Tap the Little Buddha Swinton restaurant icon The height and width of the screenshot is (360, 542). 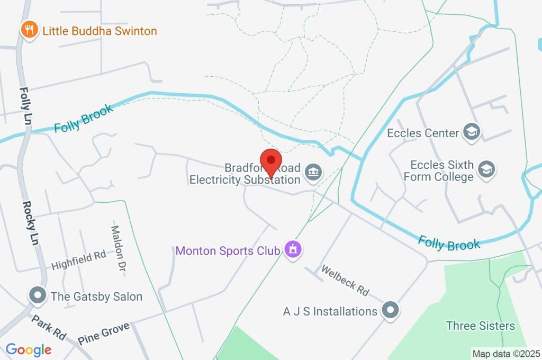(x=29, y=30)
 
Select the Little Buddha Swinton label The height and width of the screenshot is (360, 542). (x=100, y=31)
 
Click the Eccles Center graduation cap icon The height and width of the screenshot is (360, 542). (x=471, y=132)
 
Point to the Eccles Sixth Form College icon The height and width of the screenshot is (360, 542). (x=485, y=170)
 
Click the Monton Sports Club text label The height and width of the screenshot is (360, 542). (x=228, y=250)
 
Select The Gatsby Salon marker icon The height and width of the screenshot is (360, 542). (x=38, y=295)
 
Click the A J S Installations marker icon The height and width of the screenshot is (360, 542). (x=390, y=310)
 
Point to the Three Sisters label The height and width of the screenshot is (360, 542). (x=480, y=325)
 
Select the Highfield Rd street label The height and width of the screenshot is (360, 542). (x=78, y=260)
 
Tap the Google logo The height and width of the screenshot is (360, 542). (x=29, y=349)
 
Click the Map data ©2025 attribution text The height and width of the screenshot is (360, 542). (x=505, y=353)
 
